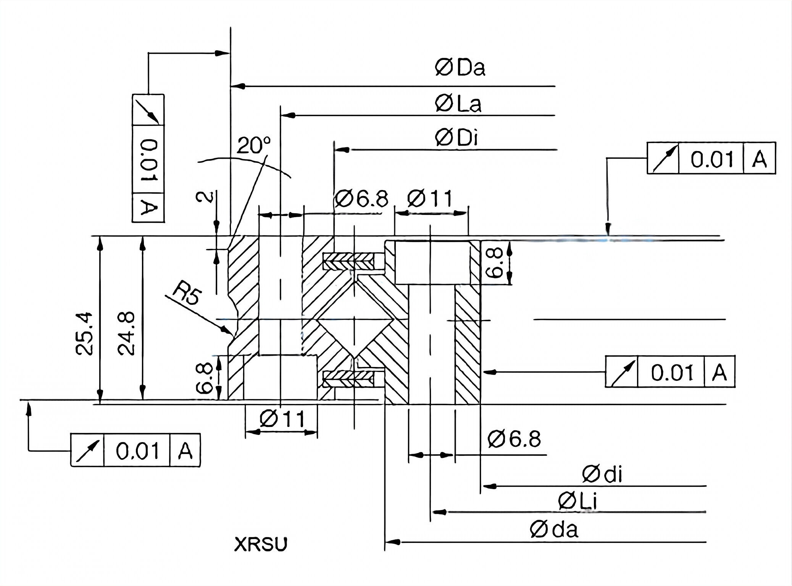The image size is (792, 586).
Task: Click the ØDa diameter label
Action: pyautogui.click(x=460, y=68)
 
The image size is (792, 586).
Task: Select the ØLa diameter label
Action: pyautogui.click(x=458, y=104)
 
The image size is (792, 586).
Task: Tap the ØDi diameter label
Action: pyautogui.click(x=456, y=138)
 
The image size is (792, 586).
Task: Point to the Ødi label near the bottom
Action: pyautogui.click(x=602, y=475)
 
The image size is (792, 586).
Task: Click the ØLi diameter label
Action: pyautogui.click(x=577, y=501)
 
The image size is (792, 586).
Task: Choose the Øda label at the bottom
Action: pyautogui.click(x=554, y=530)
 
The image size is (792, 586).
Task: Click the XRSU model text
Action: pyautogui.click(x=260, y=544)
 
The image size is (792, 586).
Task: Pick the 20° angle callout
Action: pyautogui.click(x=253, y=145)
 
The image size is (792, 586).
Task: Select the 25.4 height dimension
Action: pyautogui.click(x=84, y=333)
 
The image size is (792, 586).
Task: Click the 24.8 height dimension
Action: pyautogui.click(x=126, y=333)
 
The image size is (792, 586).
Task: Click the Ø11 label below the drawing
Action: pyautogui.click(x=282, y=419)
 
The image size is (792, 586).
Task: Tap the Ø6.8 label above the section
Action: pyautogui.click(x=361, y=199)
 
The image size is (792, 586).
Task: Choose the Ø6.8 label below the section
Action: pyautogui.click(x=514, y=439)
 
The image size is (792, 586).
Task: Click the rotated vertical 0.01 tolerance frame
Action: pyautogui.click(x=148, y=158)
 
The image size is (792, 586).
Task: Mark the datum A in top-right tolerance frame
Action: pyautogui.click(x=759, y=158)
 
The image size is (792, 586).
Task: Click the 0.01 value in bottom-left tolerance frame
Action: pyautogui.click(x=137, y=451)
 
